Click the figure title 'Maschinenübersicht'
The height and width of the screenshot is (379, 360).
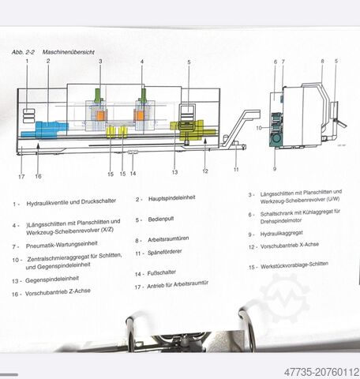point(69,52)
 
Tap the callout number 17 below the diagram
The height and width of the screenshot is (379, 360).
point(21,177)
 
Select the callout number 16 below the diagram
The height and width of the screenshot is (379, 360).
point(38,176)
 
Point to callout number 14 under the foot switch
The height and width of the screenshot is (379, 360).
point(133,174)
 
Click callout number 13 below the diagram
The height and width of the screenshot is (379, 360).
point(174,172)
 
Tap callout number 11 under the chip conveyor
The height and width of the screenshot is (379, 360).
point(236,170)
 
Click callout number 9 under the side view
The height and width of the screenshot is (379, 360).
point(275,168)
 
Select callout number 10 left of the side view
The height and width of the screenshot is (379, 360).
point(259,128)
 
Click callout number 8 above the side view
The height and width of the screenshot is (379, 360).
point(322,61)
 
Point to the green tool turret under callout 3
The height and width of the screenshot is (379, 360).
point(98,96)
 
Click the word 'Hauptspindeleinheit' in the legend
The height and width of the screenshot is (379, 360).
point(172,198)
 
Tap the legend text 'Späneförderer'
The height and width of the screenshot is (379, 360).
point(165,252)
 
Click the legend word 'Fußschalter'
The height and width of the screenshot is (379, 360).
point(162,273)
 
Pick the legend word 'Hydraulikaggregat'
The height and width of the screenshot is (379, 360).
point(282,234)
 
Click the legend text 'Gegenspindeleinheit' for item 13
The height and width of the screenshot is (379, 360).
point(52,280)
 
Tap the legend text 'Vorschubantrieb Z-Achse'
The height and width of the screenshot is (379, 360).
point(58,292)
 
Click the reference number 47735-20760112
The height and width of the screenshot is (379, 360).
point(321,372)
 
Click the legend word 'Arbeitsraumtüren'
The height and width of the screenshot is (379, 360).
point(168,239)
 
